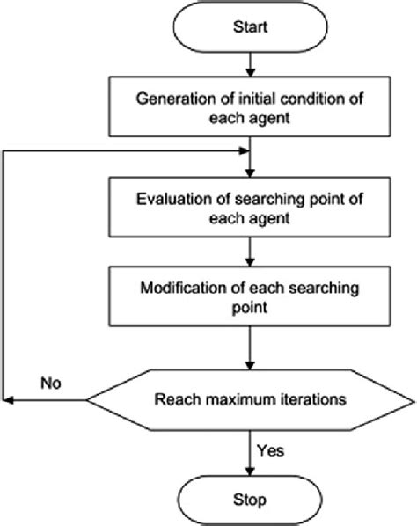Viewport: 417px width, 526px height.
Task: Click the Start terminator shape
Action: click(x=252, y=29)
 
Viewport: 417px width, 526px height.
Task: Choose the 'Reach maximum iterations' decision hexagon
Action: click(x=252, y=401)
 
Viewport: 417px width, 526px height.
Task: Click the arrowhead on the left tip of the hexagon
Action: click(x=11, y=401)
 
